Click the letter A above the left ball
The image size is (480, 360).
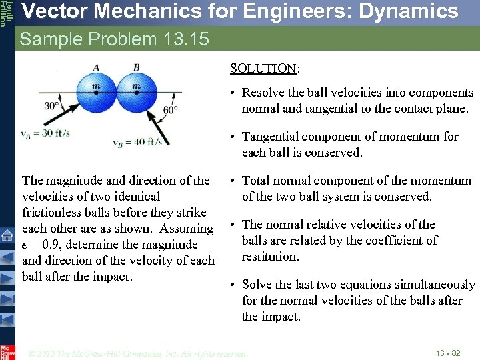[97, 67]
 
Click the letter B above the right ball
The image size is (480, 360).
[137, 67]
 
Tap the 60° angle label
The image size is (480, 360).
[170, 110]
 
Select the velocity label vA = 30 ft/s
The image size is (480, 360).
[45, 133]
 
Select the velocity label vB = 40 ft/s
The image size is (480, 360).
[137, 142]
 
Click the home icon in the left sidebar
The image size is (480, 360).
[7, 235]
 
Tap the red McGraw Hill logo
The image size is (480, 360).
[7, 351]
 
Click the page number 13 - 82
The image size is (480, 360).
[448, 353]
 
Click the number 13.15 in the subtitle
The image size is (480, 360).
[185, 39]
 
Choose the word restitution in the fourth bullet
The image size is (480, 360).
[269, 257]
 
